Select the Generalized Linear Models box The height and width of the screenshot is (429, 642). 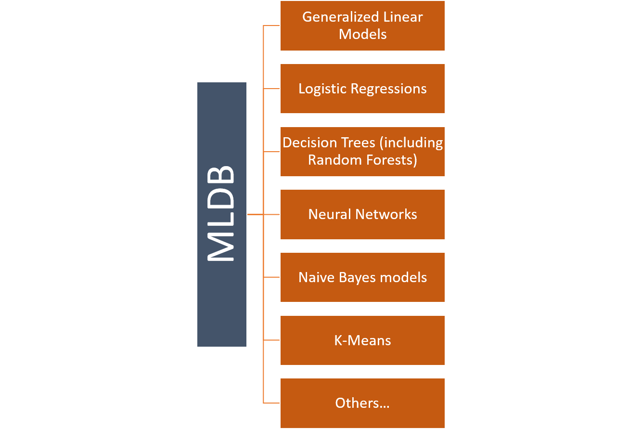click(362, 26)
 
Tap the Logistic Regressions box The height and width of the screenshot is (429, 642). click(362, 89)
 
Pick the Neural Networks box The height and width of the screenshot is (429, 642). click(362, 214)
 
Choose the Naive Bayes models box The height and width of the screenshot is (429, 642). click(362, 277)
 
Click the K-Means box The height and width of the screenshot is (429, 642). click(362, 340)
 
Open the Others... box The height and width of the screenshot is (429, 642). click(362, 403)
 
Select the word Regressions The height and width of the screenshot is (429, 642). click(388, 89)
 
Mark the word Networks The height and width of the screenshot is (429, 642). click(390, 214)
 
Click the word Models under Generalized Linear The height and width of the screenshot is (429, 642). click(362, 34)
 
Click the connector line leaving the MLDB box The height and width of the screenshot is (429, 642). click(255, 214)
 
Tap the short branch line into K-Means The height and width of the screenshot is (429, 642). click(272, 340)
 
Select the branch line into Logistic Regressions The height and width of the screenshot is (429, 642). click(272, 89)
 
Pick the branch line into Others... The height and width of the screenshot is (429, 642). click(272, 403)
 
